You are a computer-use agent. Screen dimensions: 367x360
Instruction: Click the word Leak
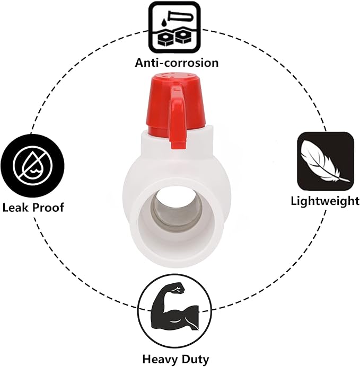pyautogui.click(x=15, y=207)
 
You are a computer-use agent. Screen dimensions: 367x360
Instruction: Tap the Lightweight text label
pyautogui.click(x=324, y=201)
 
